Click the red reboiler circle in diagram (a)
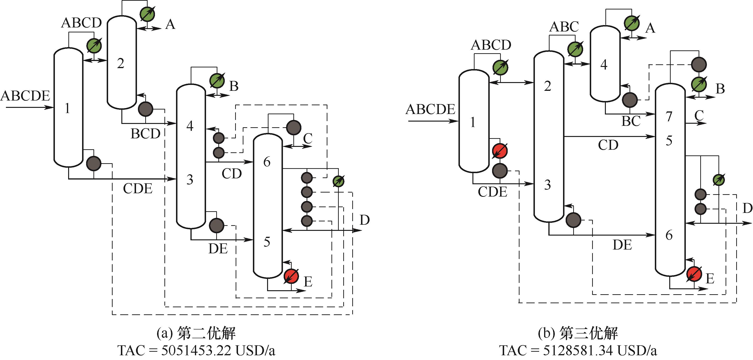(291, 276)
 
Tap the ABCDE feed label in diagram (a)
(26, 96)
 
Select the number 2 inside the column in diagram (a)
(120, 63)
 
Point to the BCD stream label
(145, 134)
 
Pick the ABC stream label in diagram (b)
(564, 27)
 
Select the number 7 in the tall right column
(669, 117)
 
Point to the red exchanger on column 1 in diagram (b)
(500, 151)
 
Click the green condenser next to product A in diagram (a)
(147, 13)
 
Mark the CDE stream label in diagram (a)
(138, 189)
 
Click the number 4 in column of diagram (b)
(604, 65)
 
